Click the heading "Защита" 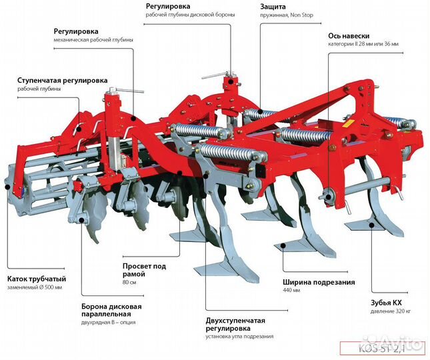click(274, 7)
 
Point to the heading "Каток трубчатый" click(37, 279)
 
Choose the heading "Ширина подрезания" click(319, 282)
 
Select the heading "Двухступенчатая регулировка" click(235, 325)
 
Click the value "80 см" click(129, 283)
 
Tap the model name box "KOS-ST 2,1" click(381, 347)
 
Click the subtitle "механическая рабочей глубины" click(93, 39)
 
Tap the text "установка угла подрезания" click(239, 337)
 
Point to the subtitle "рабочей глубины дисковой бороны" click(189, 15)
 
